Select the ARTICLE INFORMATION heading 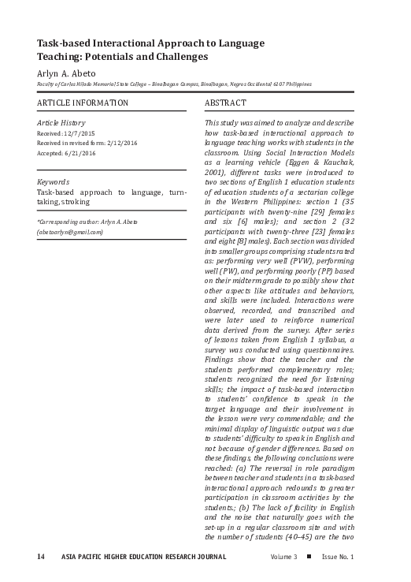pyautogui.click(x=83, y=103)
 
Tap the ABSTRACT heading pyautogui.click(x=225, y=103)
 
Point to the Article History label pyautogui.click(x=61, y=124)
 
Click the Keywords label pyautogui.click(x=54, y=182)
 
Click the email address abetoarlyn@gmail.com pyautogui.click(x=71, y=232)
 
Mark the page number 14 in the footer pyautogui.click(x=41, y=558)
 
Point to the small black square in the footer pyautogui.click(x=309, y=557)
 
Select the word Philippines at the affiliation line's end pyautogui.click(x=296, y=84)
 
